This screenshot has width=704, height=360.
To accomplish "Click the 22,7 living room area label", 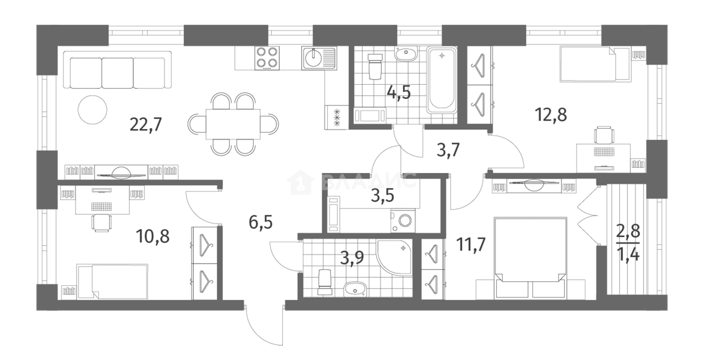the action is pos(145,125).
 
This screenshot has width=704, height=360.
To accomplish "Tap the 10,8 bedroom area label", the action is pos(153,236).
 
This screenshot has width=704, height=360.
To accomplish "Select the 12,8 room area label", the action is pos(551,115).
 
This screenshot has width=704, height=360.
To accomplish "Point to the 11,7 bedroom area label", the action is pos(471,244).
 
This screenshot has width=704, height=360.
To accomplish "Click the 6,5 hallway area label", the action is pos(260,222).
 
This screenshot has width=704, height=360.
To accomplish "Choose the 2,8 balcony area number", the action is pos(628,231).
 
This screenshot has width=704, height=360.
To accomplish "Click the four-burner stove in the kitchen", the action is pos(267,58).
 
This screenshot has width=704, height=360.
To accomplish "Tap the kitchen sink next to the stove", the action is pos(319,58).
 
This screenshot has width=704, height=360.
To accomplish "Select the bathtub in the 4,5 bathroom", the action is pos(442,80).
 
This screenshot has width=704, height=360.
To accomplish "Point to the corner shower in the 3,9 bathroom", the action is pos(395,258).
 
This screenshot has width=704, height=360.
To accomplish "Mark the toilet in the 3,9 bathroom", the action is pos(325,282).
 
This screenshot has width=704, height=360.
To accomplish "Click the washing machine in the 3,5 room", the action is pos(403,221).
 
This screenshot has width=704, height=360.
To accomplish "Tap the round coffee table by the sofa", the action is pos(93,110).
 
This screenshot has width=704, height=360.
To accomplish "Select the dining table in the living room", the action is pos(233,124).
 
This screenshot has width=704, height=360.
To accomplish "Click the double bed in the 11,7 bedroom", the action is pos(531,258).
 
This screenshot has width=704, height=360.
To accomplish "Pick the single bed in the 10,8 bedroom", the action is pos(112,281).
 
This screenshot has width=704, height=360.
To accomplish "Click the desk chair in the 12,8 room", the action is pos(604,135).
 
